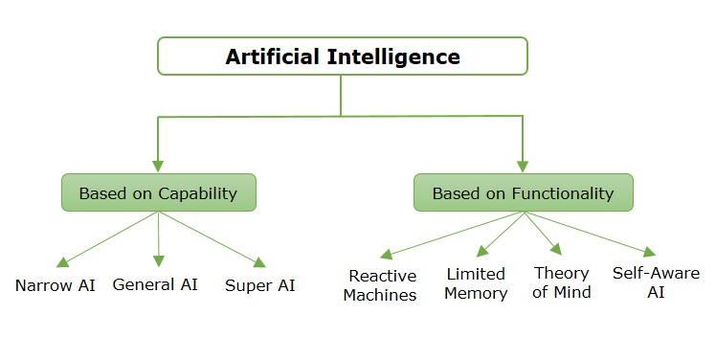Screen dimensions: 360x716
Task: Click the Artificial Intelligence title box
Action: (x=343, y=56)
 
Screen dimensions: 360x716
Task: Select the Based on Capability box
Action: (x=158, y=192)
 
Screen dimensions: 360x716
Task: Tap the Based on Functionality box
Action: (x=523, y=192)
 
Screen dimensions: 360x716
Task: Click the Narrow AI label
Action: (x=55, y=284)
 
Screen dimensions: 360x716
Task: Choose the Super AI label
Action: (x=260, y=284)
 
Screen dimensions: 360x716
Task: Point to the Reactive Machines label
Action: (x=383, y=285)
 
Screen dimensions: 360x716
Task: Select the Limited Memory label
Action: (x=477, y=283)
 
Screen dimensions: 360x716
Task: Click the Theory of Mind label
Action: (x=562, y=282)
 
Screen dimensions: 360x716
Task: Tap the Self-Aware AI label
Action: (x=654, y=282)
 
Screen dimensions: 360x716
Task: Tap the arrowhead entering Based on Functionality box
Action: (x=523, y=165)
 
